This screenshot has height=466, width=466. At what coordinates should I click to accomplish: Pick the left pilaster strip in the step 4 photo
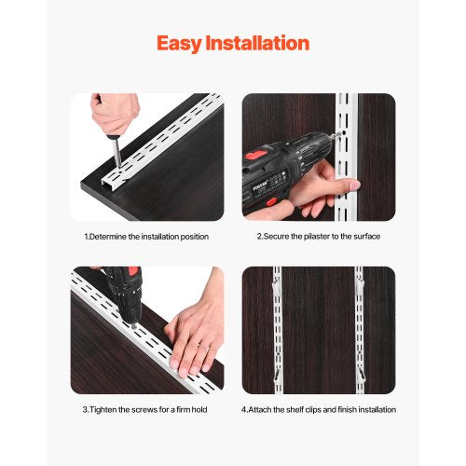click(277, 330)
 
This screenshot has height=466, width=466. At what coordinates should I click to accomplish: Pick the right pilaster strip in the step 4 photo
click(359, 330)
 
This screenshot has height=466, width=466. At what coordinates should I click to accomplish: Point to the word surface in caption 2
click(364, 237)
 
